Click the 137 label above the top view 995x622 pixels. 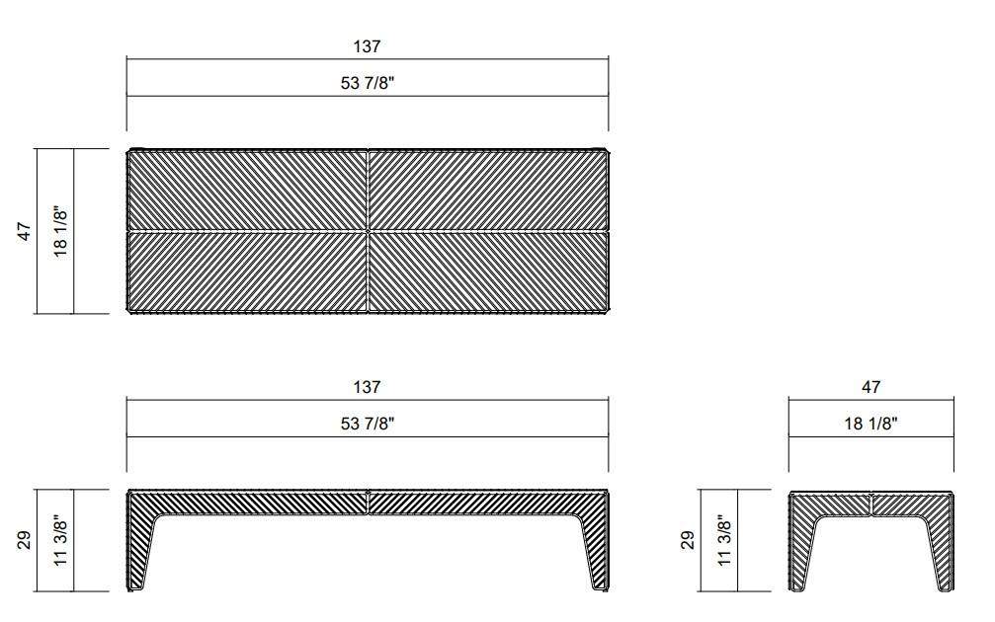coord(367,46)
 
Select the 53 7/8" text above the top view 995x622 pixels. coord(367,84)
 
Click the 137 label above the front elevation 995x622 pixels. coord(367,387)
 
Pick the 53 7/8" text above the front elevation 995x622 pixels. coord(367,424)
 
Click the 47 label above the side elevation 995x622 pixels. coord(871,387)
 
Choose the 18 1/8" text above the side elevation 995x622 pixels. coord(871,424)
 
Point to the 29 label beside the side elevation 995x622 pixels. coord(689,540)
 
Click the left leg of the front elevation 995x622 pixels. coord(139,553)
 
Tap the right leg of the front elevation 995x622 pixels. coord(596,553)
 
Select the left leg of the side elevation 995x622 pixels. coord(798,553)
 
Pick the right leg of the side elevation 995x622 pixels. coord(944,553)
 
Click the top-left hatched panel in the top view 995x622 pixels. coord(247,191)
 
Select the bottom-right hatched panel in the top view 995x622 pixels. coord(487,272)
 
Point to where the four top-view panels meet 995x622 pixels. coord(368,231)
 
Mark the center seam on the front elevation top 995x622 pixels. coord(368,502)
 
